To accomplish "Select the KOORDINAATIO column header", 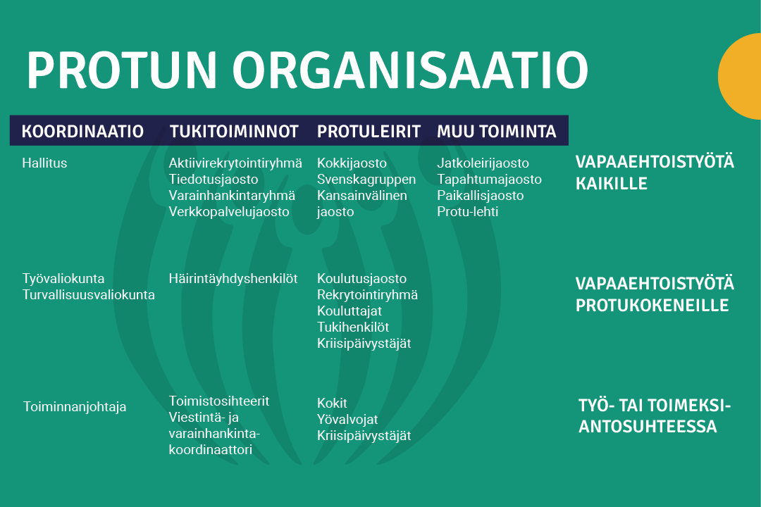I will point(82,132).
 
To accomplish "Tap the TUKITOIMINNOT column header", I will point(234,132).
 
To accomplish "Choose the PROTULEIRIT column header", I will point(369,132).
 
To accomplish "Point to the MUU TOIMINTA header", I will point(496,132).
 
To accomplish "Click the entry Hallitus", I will point(44,163).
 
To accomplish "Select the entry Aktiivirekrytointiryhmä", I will point(235,163).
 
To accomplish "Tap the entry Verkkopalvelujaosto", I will point(229,211).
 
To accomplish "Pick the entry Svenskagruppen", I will point(366,179).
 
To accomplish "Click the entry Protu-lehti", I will point(467,211).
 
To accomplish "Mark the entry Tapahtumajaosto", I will point(489,179).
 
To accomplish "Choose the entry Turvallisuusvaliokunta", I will point(89,295).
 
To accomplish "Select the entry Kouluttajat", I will point(349,311).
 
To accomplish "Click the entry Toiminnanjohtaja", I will point(75,407).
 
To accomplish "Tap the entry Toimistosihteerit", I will point(219,401).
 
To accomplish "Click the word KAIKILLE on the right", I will point(612,184).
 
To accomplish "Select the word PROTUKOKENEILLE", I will point(652,306).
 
